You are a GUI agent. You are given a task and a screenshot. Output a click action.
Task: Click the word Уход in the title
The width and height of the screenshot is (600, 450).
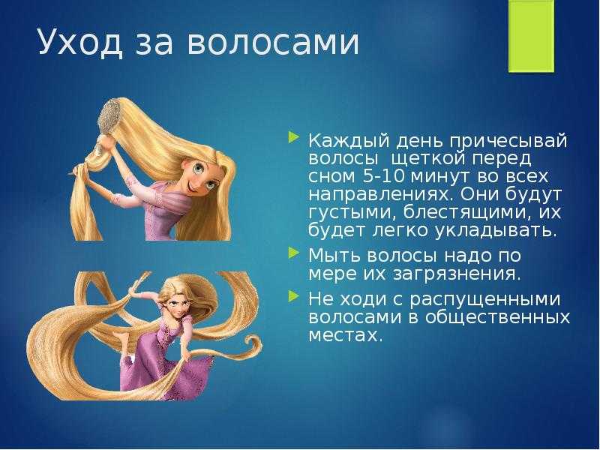pyautogui.click(x=80, y=42)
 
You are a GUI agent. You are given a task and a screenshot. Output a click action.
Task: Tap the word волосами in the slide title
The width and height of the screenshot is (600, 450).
pyautogui.click(x=273, y=43)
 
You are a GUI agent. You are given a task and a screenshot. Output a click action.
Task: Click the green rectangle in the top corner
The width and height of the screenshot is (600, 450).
pyautogui.click(x=531, y=36)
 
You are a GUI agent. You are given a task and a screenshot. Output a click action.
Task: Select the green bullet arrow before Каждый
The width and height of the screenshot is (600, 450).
pyautogui.click(x=293, y=137)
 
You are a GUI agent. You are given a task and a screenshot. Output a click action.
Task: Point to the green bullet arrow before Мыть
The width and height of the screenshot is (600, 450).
pyautogui.click(x=293, y=252)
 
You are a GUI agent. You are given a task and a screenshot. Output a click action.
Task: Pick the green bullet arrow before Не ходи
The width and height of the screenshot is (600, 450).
pyautogui.click(x=293, y=295)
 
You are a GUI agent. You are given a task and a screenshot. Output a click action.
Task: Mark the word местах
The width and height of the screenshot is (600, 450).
pyautogui.click(x=345, y=335)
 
